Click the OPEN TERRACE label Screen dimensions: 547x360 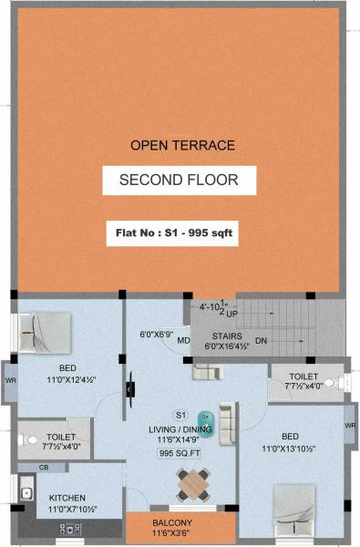170,145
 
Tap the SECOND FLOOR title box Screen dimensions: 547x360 179,180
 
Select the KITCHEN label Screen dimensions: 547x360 67,498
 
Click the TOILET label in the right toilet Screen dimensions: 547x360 303,376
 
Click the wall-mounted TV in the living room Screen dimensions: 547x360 129,388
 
